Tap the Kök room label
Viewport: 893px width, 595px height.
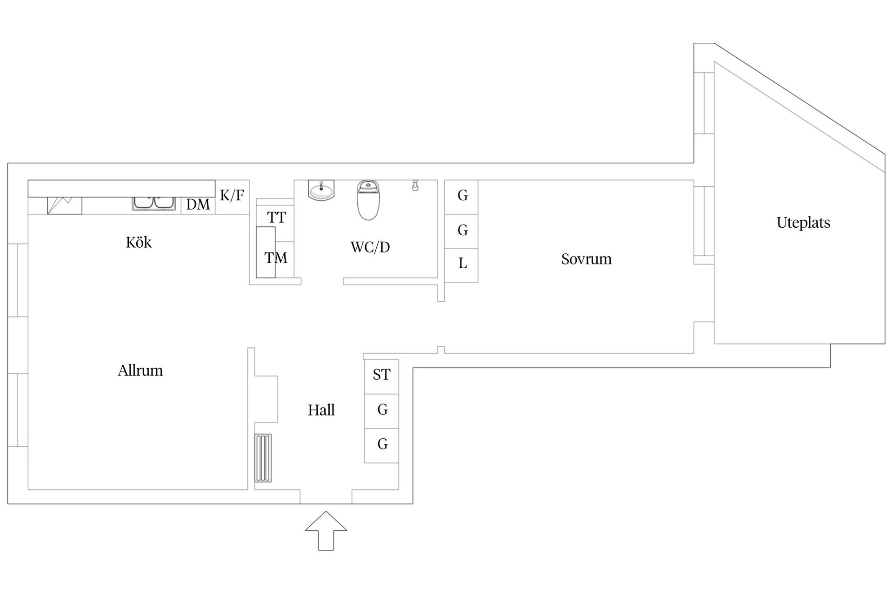(139, 243)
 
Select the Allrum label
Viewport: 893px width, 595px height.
(140, 370)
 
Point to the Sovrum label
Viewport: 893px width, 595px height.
(586, 259)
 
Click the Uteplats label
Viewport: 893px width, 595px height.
(803, 223)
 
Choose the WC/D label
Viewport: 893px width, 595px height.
(370, 247)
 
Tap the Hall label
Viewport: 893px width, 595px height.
(321, 410)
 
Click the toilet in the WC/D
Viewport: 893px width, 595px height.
(368, 200)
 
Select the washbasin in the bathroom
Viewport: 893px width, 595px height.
(321, 191)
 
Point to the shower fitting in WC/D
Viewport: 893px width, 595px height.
(415, 186)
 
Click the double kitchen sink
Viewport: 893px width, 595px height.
(153, 203)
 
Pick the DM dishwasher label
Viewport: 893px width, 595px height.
(198, 205)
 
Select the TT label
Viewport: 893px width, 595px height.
(276, 218)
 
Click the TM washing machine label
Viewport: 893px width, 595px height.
(276, 258)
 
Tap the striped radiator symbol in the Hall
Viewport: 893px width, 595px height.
(263, 458)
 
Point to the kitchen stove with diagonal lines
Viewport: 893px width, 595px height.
(65, 205)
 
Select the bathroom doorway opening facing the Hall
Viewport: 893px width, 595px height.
(322, 281)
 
